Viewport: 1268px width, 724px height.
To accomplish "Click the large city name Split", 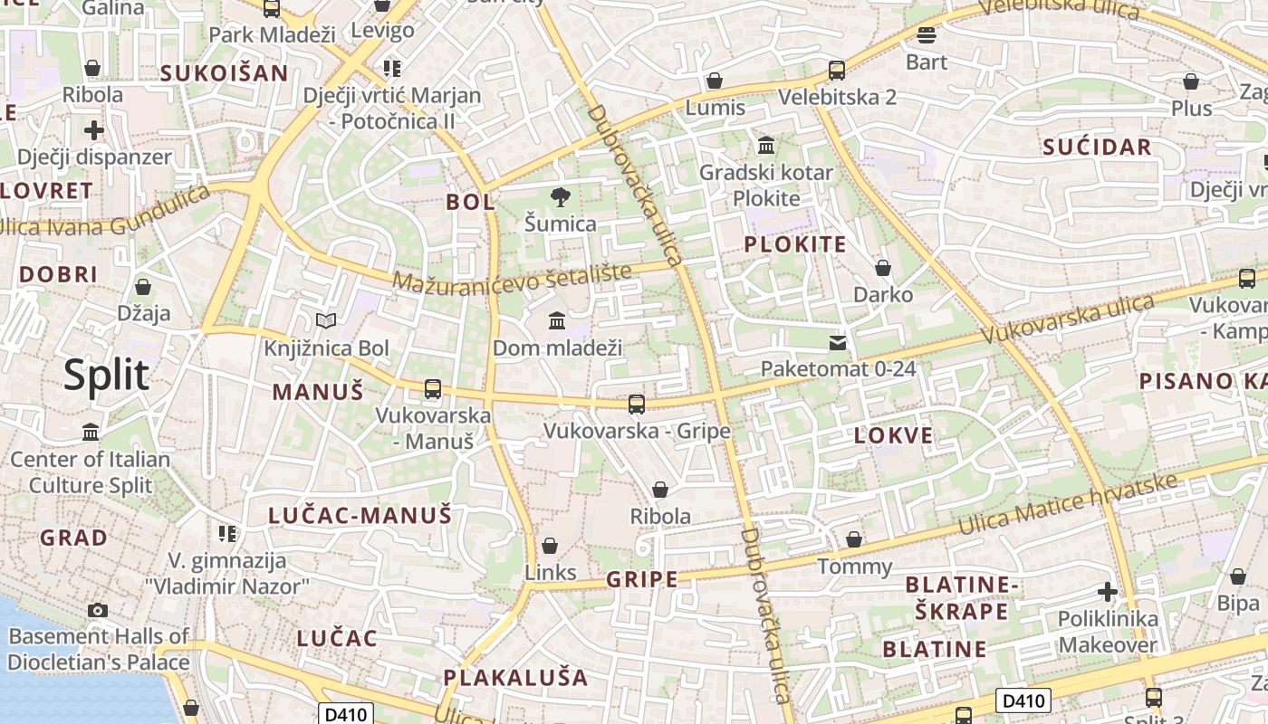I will click(x=106, y=375).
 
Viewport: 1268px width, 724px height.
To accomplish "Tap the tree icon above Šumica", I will click(x=561, y=196).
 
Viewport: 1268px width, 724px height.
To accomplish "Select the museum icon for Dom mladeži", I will click(x=557, y=320).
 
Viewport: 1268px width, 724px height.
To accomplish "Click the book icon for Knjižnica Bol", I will click(x=325, y=320).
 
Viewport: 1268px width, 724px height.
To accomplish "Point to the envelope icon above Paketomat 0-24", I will click(x=838, y=342).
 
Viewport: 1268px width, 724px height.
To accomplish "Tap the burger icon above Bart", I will click(x=926, y=35).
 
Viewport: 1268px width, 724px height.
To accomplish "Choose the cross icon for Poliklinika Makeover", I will click(x=1107, y=592).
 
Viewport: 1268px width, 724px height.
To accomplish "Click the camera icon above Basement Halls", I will click(x=98, y=610).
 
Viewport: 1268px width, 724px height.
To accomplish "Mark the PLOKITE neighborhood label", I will click(x=794, y=244).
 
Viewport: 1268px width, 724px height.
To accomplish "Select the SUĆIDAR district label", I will click(x=1096, y=148).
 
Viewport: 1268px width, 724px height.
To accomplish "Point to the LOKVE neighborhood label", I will click(x=893, y=435).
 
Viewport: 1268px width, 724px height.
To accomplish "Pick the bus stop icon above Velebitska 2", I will click(x=837, y=70).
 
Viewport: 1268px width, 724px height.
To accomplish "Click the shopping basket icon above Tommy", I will click(x=854, y=540).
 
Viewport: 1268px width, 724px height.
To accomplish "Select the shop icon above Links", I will click(x=549, y=546).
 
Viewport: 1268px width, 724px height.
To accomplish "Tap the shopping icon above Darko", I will click(x=883, y=268).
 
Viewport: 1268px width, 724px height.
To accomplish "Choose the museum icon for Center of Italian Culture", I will click(x=91, y=433).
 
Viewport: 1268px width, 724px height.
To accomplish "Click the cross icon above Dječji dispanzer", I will click(x=94, y=130).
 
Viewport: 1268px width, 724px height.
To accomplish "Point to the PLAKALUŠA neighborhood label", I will click(x=515, y=677).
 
